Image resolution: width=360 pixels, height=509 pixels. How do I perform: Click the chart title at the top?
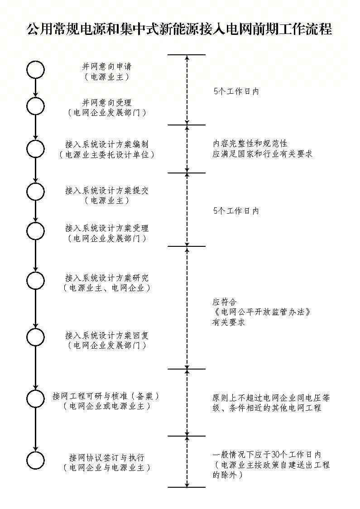[179, 29]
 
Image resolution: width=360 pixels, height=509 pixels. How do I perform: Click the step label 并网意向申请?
[107, 67]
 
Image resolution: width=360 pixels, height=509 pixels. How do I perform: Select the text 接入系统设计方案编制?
[107, 144]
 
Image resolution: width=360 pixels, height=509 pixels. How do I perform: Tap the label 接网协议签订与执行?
[107, 457]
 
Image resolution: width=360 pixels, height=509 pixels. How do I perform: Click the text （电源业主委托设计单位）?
[107, 154]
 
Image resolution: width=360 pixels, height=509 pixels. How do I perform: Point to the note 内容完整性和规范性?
[250, 143]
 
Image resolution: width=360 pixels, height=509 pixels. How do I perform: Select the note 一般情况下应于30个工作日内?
[267, 455]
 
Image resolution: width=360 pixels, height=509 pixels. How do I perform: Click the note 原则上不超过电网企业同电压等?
[271, 398]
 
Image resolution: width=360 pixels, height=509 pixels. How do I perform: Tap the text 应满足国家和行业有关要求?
[262, 154]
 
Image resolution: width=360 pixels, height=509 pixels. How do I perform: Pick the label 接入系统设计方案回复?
[107, 335]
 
